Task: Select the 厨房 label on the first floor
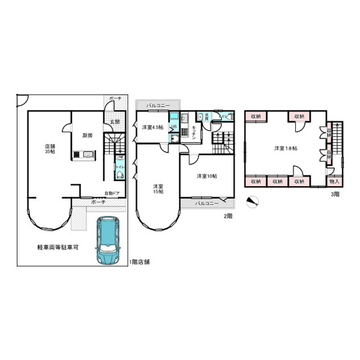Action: pos(87,135)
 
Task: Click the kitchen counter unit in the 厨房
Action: pos(85,155)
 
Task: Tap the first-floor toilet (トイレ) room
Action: pos(119,167)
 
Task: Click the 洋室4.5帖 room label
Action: pos(153,127)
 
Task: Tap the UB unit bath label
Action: pos(173,126)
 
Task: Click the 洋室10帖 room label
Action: pos(206,176)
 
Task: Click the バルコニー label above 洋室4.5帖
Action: pos(158,104)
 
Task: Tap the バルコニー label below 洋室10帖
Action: pos(206,203)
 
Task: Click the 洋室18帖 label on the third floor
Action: pos(285,149)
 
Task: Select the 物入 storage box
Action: pos(334,181)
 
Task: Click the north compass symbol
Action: pos(254,200)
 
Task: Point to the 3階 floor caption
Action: pos(335,194)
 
